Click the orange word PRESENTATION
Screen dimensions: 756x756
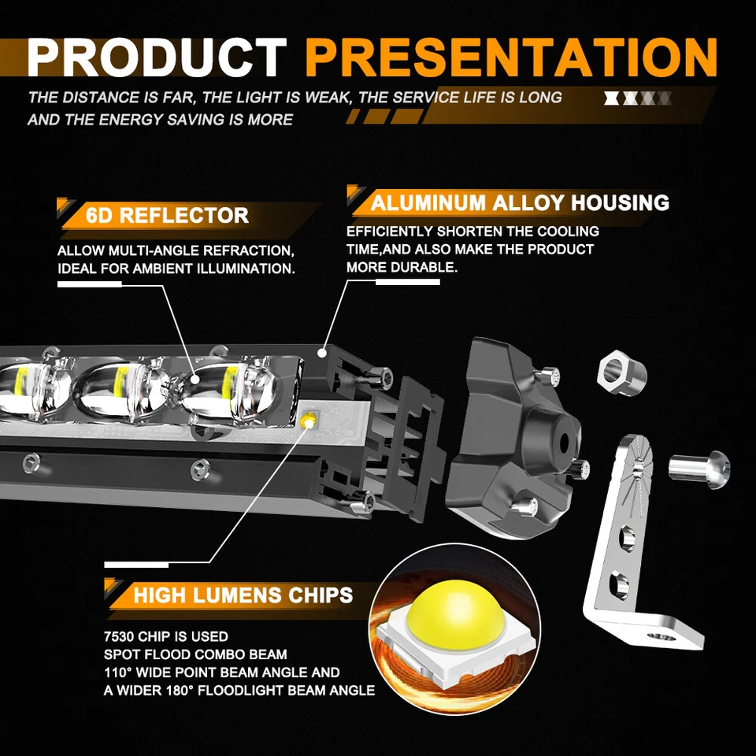(512, 57)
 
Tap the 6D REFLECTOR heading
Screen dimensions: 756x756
(167, 215)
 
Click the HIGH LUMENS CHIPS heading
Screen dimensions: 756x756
(243, 594)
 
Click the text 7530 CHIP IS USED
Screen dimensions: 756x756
(165, 636)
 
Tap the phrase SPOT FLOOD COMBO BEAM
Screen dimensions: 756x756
(195, 654)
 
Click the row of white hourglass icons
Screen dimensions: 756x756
(637, 98)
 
